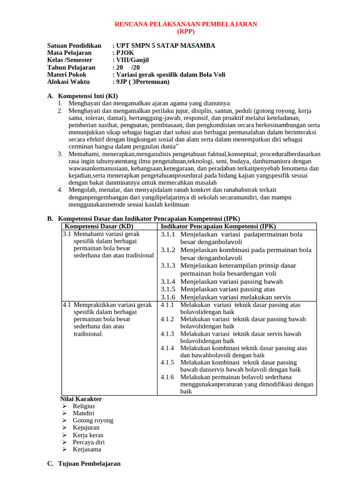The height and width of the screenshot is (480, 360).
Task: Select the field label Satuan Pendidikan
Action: pyautogui.click(x=74, y=45)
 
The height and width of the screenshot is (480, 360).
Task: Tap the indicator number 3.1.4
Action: pyautogui.click(x=167, y=282)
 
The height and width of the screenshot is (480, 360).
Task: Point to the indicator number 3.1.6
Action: pyautogui.click(x=167, y=297)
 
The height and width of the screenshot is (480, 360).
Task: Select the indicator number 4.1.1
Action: pyautogui.click(x=167, y=305)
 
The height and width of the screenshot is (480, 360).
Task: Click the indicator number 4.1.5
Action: pyautogui.click(x=167, y=362)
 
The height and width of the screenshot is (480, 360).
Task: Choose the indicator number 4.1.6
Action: pyautogui.click(x=167, y=377)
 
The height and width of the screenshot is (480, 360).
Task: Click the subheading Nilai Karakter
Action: pyautogui.click(x=82, y=399)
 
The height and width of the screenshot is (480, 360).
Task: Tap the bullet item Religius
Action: pyautogui.click(x=84, y=406)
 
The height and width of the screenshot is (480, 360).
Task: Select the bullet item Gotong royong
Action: pyautogui.click(x=93, y=420)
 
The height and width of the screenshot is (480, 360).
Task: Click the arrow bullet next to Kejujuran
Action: pyautogui.click(x=64, y=427)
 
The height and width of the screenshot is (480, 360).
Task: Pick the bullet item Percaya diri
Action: pyautogui.click(x=89, y=442)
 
